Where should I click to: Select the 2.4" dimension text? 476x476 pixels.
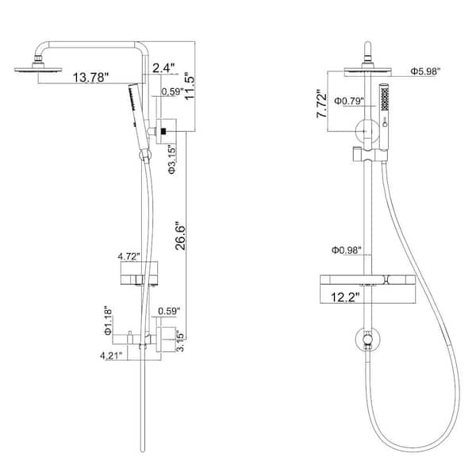163,67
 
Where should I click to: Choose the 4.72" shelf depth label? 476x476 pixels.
129,257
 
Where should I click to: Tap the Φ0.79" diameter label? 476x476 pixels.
347,102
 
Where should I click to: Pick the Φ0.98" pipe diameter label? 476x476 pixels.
348,251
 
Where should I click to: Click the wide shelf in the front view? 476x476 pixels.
366,281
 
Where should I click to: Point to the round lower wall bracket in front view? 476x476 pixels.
366,340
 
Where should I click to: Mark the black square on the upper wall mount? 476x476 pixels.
164,129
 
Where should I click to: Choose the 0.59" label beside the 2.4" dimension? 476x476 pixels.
169,91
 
